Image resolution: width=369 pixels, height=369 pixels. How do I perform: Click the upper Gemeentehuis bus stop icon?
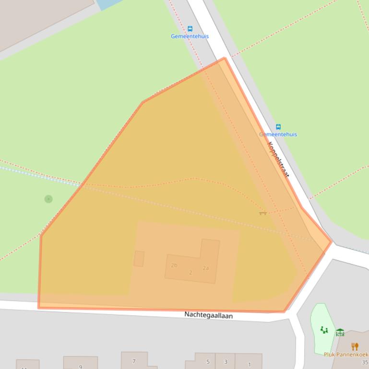point(190,29)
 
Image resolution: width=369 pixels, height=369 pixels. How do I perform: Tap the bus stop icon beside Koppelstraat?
point(278,127)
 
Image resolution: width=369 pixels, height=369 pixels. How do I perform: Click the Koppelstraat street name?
point(278,159)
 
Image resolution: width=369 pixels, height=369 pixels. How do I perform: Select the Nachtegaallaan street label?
point(208,315)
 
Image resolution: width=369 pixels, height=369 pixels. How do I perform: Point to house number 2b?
point(174,265)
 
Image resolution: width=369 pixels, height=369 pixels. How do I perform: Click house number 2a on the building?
point(205,268)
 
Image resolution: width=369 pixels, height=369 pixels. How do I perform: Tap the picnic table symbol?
point(262,212)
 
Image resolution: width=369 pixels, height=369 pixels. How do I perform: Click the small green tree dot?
point(48,199)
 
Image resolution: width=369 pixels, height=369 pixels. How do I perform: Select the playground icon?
point(324,330)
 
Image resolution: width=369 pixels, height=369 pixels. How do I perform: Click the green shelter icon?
point(340,332)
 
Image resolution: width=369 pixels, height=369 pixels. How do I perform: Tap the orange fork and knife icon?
point(355,346)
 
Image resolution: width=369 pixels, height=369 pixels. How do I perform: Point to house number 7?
point(134,361)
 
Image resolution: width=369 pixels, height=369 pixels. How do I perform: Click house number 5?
point(208,362)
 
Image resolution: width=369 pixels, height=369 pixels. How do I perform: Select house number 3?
point(226,362)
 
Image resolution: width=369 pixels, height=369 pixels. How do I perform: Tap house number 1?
point(250,364)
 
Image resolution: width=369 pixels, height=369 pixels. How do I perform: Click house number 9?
point(80,367)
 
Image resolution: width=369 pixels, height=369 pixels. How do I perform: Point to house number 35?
point(365,362)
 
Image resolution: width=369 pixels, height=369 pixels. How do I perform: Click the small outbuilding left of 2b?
point(139,259)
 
